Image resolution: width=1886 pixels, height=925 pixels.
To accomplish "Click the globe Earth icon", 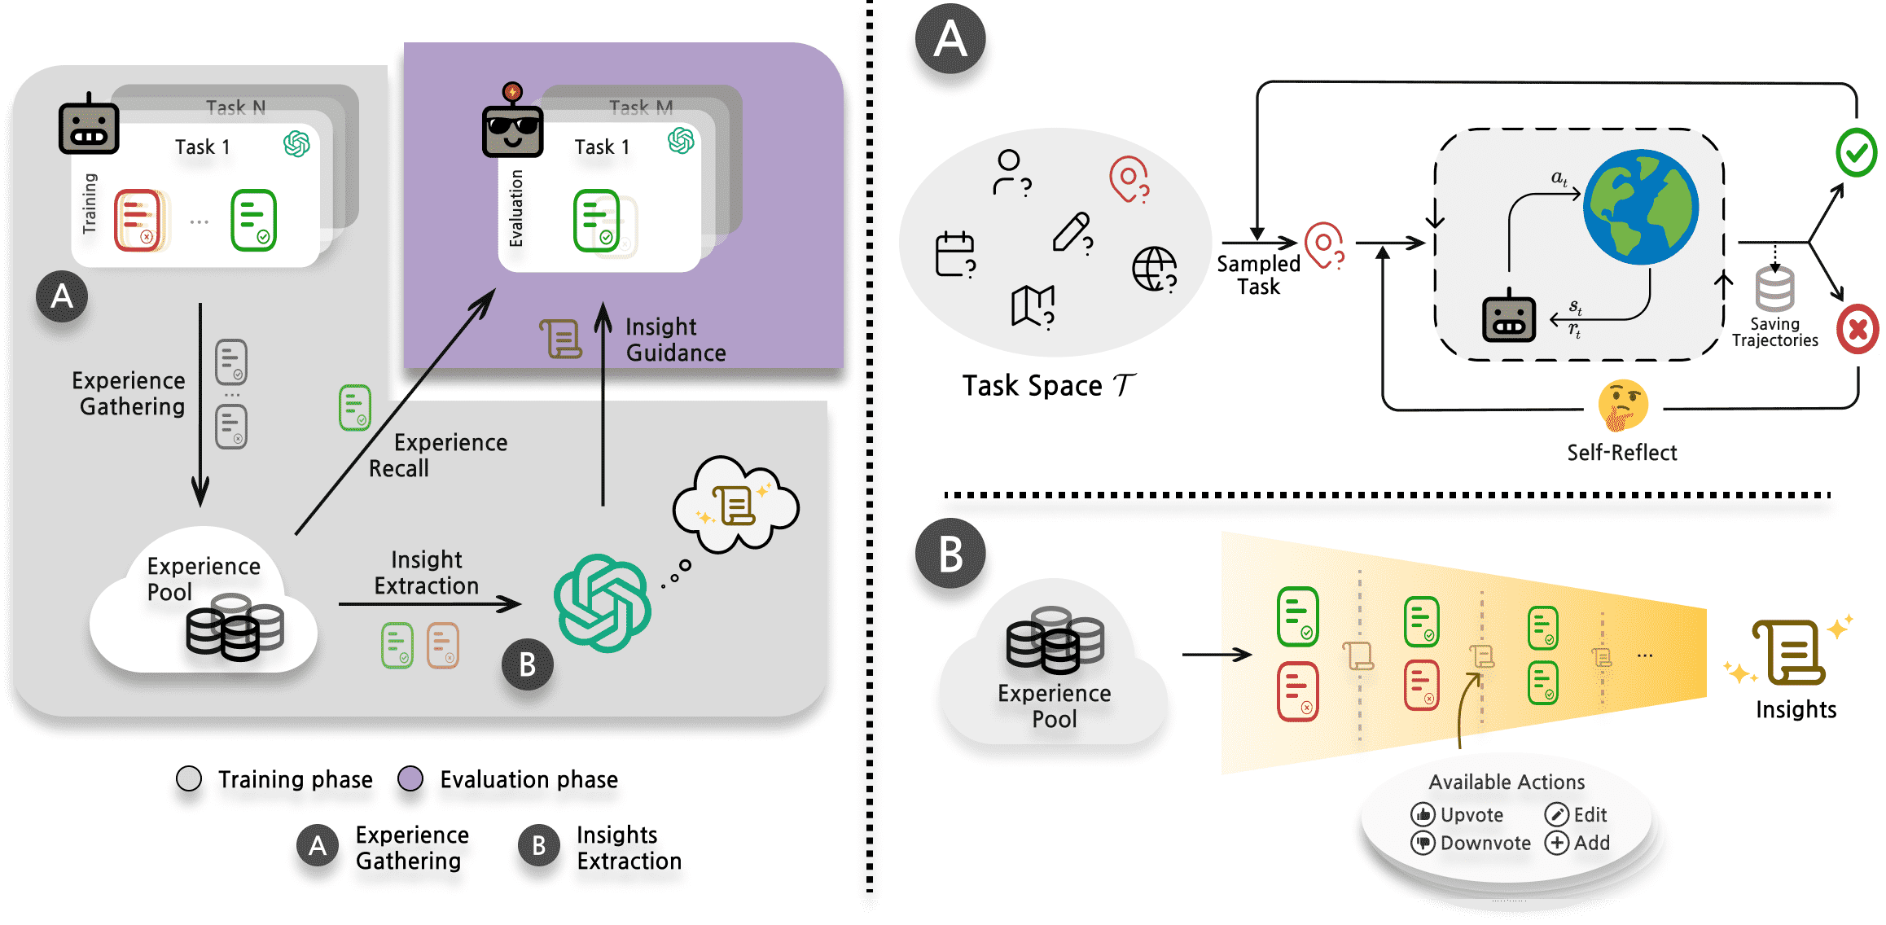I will click(x=1640, y=207).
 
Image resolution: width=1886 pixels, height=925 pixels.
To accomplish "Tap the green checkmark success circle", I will click(x=1857, y=152).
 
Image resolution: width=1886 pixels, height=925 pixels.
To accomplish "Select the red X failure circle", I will click(x=1857, y=329).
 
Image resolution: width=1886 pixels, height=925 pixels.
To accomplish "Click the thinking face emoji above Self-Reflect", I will click(x=1622, y=405).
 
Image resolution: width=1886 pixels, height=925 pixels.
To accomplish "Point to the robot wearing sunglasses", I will click(x=512, y=126).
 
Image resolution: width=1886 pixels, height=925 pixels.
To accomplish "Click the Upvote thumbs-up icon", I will click(x=1423, y=814).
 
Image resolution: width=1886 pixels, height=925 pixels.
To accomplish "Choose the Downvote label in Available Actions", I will click(x=1485, y=843).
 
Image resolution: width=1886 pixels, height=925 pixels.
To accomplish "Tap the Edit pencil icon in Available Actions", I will click(x=1556, y=814).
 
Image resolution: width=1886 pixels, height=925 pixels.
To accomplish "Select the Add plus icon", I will click(x=1556, y=843).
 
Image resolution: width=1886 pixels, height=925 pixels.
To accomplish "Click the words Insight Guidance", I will click(x=675, y=340).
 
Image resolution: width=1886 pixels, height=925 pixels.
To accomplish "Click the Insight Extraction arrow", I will click(x=429, y=604).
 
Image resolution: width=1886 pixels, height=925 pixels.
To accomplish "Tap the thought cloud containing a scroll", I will click(x=735, y=506).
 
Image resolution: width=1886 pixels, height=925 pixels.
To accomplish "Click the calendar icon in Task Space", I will click(x=955, y=255).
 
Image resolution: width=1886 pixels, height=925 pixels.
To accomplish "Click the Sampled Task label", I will click(x=1258, y=275).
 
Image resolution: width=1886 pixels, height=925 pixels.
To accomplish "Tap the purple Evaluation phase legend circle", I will click(x=410, y=778).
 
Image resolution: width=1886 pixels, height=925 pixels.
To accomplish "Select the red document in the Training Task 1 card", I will click(x=138, y=221).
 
